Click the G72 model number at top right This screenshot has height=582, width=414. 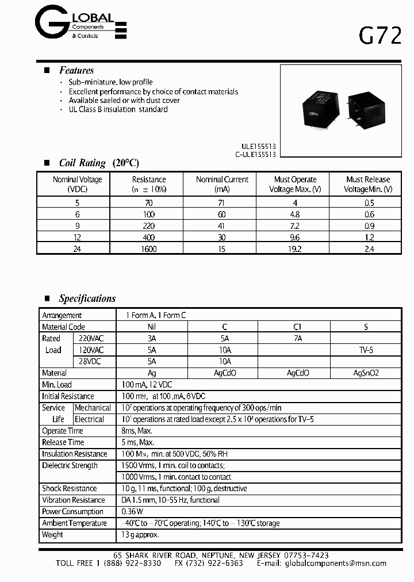pos(380,36)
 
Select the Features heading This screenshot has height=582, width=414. pos(76,70)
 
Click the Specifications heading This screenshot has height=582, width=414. pos(87,298)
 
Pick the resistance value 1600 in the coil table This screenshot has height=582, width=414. pos(149,248)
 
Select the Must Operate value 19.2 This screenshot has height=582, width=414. pos(294,248)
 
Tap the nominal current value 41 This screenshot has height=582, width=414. pos(222,225)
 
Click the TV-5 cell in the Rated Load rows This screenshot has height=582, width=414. pos(366,350)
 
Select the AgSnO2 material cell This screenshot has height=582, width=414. pos(366,373)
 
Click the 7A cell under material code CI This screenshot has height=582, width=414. pos(297,339)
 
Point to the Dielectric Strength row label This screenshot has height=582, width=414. pos(70,465)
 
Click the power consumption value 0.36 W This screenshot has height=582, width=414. pos(133,511)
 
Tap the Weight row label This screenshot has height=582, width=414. pos(52,534)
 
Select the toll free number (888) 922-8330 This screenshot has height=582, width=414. pos(133,563)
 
